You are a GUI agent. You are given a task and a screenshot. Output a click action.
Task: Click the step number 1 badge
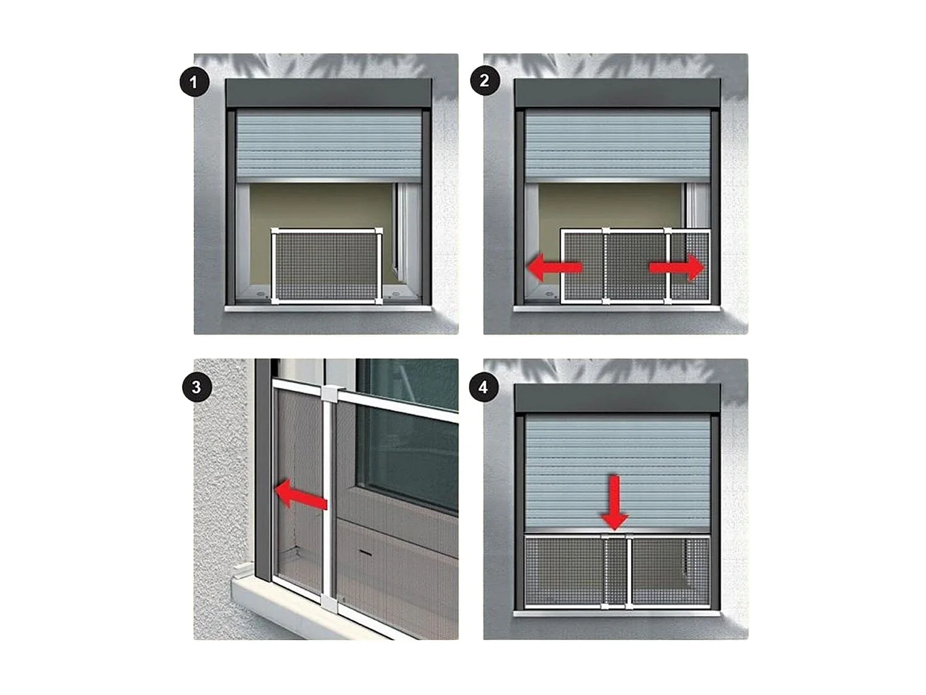tap(194, 82)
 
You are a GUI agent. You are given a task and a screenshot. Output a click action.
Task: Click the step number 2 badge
tap(485, 82)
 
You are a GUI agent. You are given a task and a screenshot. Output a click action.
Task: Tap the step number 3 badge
tap(196, 387)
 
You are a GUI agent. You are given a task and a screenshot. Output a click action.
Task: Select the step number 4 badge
tap(483, 387)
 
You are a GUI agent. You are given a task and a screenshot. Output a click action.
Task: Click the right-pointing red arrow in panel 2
tap(677, 267)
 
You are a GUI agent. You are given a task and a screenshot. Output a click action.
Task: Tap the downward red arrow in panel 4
tap(614, 502)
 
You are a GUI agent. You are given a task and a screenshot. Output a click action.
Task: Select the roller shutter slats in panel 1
tap(329, 145)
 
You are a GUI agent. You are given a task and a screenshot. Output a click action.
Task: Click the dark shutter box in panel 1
tap(328, 93)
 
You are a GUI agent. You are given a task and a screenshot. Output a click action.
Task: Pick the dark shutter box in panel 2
tap(617, 93)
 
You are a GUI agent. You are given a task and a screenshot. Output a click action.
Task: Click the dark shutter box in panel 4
tap(617, 398)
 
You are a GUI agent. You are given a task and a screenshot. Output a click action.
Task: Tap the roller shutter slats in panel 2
tap(617, 145)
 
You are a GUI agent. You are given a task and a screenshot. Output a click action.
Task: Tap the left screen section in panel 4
tap(562, 571)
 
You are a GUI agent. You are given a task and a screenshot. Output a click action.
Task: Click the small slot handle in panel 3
tap(365, 552)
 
